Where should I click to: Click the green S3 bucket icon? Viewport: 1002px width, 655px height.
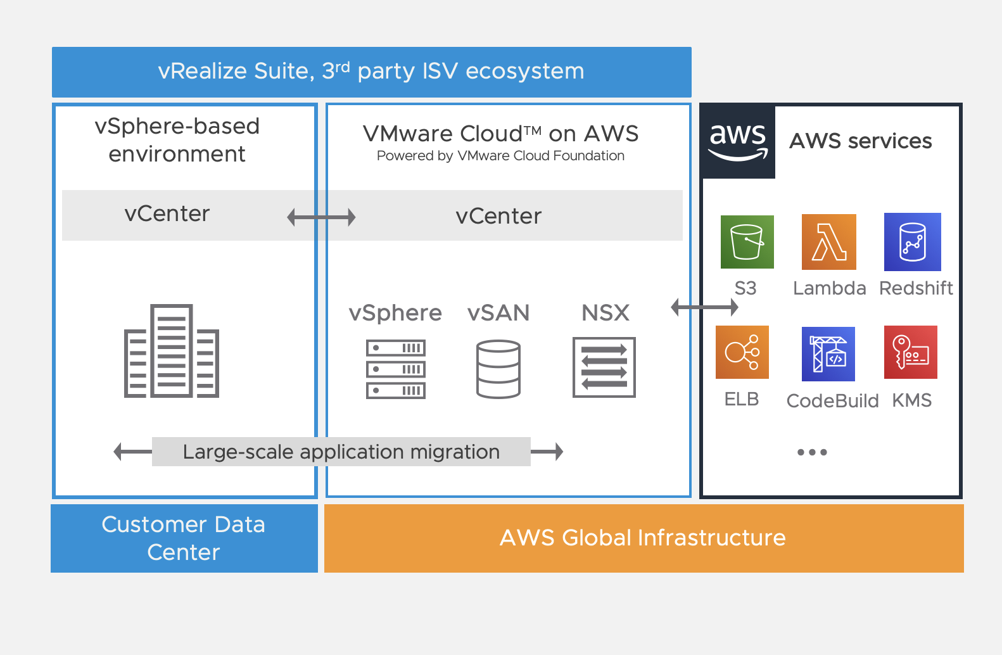pos(747,242)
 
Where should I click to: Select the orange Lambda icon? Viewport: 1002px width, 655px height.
pos(828,242)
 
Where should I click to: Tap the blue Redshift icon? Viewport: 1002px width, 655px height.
pos(912,242)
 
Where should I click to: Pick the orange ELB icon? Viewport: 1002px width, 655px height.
pos(742,352)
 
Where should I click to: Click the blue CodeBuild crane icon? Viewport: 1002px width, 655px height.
pos(828,353)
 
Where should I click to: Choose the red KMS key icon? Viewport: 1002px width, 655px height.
pos(910,352)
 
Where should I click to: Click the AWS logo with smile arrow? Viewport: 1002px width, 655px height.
pos(738,141)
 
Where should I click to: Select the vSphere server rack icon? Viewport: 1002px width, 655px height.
pos(395,369)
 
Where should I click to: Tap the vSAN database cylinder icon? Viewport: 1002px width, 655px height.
pos(498,369)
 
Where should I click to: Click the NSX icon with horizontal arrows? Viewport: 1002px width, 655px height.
pos(604,367)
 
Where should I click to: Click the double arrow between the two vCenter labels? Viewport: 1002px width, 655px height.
pos(321,217)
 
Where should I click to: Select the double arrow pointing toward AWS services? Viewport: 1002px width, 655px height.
pos(704,307)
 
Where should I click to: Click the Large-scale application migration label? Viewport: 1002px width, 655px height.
pos(341,452)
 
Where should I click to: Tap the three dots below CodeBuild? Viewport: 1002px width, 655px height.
pos(811,452)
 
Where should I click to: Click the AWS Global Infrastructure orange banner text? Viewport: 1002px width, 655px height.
pos(642,538)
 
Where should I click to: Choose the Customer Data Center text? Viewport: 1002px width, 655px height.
pos(184,538)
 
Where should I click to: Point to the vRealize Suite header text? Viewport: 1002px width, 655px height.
pos(371,71)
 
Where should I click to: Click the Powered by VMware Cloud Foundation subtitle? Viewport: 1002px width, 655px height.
pos(500,156)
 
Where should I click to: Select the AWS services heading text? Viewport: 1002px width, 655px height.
pos(860,141)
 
